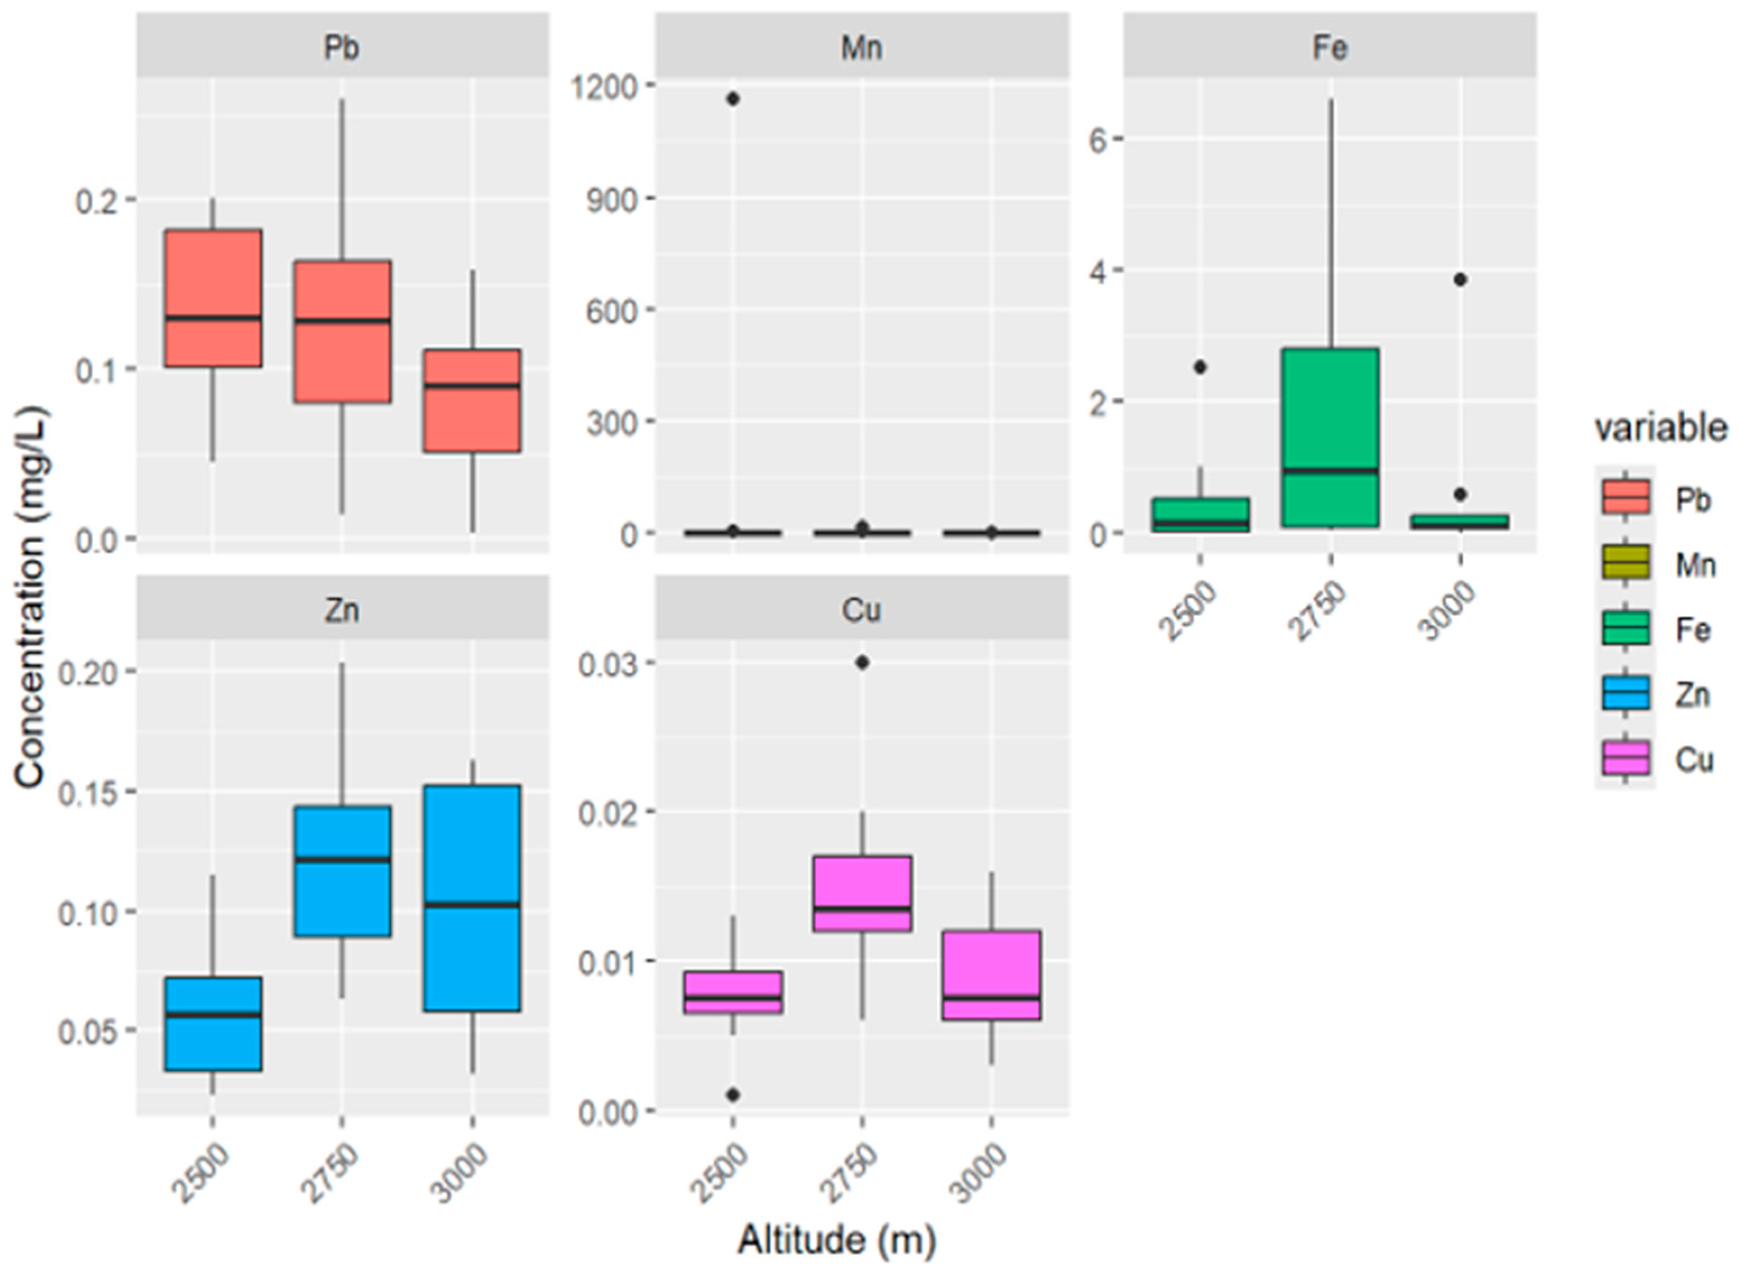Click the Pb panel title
tap(342, 48)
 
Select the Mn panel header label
tap(862, 48)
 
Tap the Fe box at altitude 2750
tap(1330, 437)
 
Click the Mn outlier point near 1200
tap(732, 99)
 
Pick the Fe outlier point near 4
tap(1460, 280)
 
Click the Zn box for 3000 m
tap(472, 898)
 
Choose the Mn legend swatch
tap(1625, 564)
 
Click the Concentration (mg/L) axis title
tap(31, 597)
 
